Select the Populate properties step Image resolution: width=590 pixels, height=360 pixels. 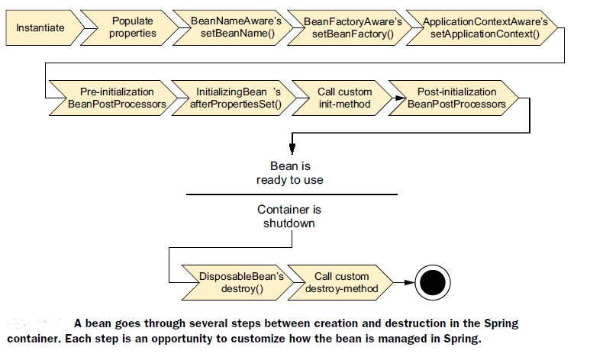click(x=131, y=27)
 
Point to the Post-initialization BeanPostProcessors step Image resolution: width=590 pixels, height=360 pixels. click(x=455, y=98)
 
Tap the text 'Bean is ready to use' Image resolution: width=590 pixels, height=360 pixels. click(x=290, y=173)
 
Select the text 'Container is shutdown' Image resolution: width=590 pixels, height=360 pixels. click(x=290, y=217)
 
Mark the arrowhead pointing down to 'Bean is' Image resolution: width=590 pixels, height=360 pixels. click(x=290, y=151)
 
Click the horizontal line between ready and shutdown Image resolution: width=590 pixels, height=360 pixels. click(x=290, y=194)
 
